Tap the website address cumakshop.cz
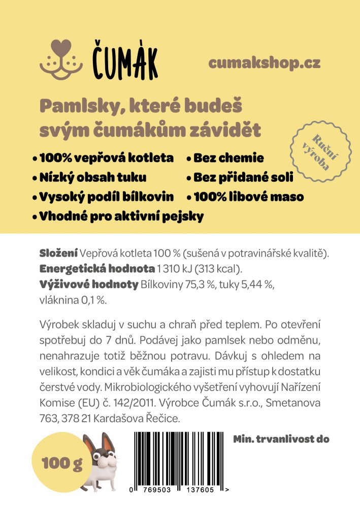[x=264, y=63]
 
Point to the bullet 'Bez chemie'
[x=228, y=158]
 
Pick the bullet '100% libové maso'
[x=248, y=197]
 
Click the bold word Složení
[x=58, y=253]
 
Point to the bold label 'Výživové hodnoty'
[x=88, y=284]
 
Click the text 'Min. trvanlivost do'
[x=281, y=438]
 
